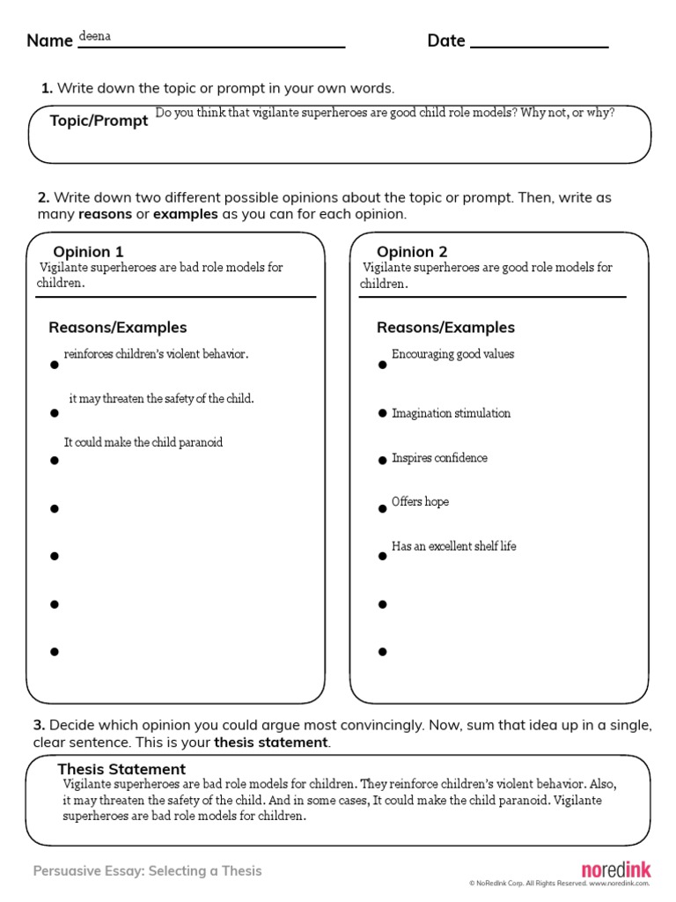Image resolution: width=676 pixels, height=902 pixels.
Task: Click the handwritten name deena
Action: [95, 36]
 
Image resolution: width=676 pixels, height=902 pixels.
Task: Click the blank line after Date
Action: [539, 42]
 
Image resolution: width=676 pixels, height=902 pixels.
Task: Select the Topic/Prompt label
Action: [99, 121]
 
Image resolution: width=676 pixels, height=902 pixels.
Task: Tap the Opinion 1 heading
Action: [88, 252]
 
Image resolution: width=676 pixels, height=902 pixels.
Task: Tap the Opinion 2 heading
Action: [412, 252]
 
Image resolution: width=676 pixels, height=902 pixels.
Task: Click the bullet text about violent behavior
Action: [156, 354]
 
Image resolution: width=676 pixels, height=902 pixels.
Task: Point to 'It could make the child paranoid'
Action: [143, 442]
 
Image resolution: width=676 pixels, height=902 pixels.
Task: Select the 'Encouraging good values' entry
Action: [452, 354]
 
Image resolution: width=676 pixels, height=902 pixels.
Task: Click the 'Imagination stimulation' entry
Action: [451, 413]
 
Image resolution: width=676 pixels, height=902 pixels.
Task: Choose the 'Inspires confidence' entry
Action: [439, 458]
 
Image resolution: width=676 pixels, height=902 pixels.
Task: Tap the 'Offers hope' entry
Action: [420, 502]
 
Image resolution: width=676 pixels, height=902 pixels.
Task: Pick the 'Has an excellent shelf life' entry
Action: [453, 546]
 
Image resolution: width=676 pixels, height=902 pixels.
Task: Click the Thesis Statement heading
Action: [121, 769]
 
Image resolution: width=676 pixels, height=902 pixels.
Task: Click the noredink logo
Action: [616, 869]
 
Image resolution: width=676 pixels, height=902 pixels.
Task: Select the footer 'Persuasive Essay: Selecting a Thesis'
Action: [148, 871]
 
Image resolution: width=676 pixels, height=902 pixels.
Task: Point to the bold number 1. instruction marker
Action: [48, 88]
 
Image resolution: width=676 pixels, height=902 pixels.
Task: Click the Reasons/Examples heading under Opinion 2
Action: [445, 328]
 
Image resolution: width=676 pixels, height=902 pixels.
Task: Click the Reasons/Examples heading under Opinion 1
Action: [118, 328]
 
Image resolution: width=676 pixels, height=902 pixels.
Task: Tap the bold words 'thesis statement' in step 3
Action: [270, 743]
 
